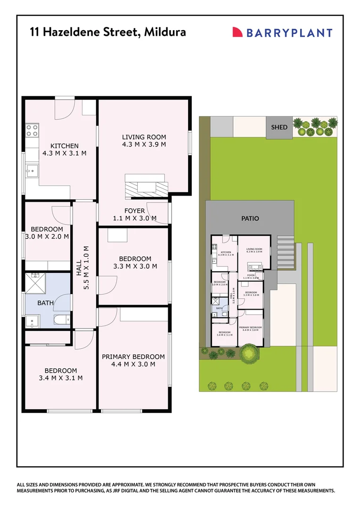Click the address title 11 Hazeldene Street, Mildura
(108, 32)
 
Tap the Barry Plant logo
(282, 33)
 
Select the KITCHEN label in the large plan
(65, 146)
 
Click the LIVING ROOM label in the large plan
(144, 137)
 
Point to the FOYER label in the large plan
(134, 211)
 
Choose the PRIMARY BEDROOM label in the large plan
(133, 357)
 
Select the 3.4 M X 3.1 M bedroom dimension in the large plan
(62, 378)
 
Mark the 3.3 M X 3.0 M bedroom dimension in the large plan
(135, 266)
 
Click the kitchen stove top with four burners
(32, 130)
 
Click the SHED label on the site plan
(279, 127)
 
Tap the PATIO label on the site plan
(250, 219)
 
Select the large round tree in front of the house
(248, 353)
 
